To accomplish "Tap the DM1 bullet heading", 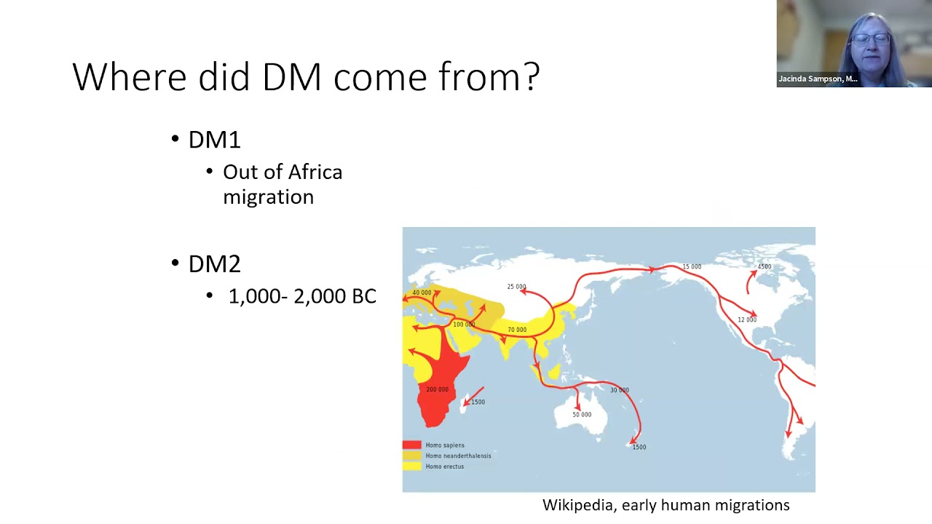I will click(214, 140).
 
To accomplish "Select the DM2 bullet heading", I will click(214, 263).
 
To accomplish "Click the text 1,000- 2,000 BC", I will click(302, 296).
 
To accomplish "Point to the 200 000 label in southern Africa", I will click(437, 389).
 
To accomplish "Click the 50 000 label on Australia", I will click(582, 415).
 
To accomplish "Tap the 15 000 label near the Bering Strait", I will click(692, 267).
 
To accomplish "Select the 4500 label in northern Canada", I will click(764, 267).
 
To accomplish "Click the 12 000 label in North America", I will click(747, 319).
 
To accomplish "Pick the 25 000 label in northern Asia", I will click(516, 287).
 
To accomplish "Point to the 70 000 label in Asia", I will click(517, 330).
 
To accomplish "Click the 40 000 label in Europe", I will click(422, 293).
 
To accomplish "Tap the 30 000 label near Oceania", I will click(619, 390).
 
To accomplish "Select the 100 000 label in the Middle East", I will click(464, 325).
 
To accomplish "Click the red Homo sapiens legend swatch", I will click(411, 445).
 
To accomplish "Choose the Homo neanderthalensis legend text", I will click(458, 456).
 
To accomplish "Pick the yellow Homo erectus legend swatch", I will click(411, 467).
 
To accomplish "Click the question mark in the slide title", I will click(531, 76).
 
